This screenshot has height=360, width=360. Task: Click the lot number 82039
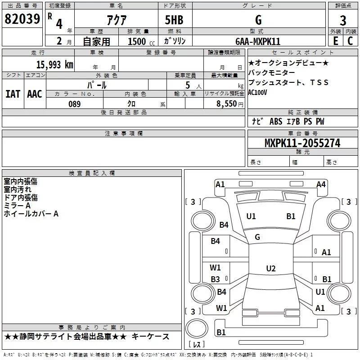[x=22, y=19]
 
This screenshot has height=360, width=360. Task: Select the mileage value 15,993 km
[x=55, y=65]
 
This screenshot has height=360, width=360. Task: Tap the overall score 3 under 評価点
[x=343, y=21]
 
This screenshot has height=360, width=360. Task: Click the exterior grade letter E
[x=335, y=41]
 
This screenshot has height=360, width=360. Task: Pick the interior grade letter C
[x=350, y=41]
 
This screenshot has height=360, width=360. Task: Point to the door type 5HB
[x=174, y=20]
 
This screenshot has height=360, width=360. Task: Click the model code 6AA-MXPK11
[x=258, y=41]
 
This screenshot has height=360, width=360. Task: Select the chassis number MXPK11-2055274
[x=302, y=143]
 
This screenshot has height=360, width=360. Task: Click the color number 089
[x=75, y=104]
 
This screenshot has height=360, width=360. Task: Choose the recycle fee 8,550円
[x=230, y=104]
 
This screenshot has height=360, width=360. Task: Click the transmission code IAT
[x=13, y=94]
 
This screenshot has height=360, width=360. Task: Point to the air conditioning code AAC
[x=35, y=94]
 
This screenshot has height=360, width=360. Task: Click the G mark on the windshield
[x=257, y=237]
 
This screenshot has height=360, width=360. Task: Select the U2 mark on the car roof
[x=271, y=268]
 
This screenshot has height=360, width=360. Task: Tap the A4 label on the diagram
[x=321, y=184]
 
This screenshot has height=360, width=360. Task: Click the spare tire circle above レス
[x=197, y=328]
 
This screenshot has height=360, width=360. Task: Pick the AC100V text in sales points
[x=257, y=92]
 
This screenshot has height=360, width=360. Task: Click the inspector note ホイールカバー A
[x=31, y=214]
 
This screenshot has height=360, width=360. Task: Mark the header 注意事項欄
[x=124, y=133]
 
